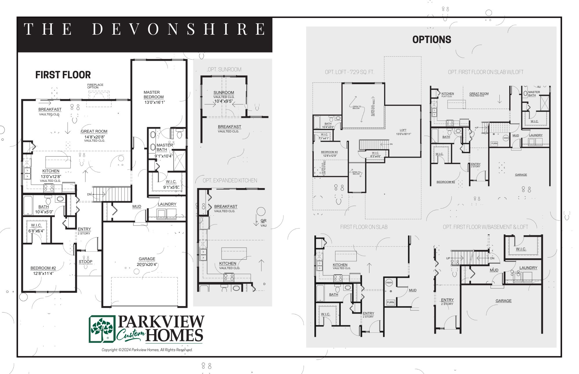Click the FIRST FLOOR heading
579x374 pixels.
[x=63, y=75]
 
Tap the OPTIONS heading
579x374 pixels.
[x=432, y=40]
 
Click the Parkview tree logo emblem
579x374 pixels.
[x=102, y=329]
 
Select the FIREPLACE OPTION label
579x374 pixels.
[x=95, y=86]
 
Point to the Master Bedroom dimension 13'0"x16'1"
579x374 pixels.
[x=155, y=102]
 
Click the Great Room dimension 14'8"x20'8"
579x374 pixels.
[x=95, y=137]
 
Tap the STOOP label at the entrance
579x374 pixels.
[x=85, y=262]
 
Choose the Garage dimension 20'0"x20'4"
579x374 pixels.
[x=147, y=264]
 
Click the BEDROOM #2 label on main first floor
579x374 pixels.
[x=43, y=268]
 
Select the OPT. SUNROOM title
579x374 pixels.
[x=224, y=70]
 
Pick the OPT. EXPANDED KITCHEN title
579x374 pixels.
[x=230, y=181]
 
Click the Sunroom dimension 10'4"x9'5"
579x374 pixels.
[x=223, y=101]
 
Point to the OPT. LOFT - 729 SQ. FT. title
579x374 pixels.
[x=349, y=72]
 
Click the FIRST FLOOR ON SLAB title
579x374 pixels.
[x=364, y=227]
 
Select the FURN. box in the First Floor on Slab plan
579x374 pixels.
[x=391, y=302]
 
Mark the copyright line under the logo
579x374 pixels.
[x=147, y=350]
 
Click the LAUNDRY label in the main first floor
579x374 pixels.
[x=167, y=204]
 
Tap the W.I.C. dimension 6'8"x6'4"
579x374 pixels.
[x=36, y=231]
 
